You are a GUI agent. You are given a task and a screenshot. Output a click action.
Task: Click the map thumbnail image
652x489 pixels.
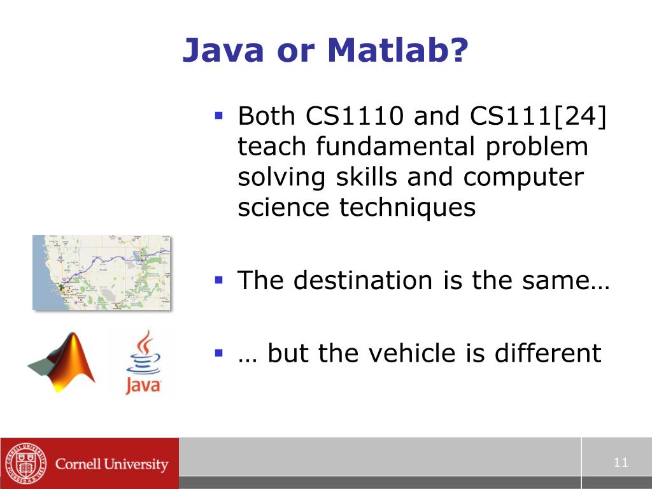102,272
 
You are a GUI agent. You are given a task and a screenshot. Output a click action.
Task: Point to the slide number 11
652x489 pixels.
621,463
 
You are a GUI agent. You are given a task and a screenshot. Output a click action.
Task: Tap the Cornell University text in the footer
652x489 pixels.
111,464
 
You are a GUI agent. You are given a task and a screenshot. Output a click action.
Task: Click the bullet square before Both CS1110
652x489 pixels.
219,117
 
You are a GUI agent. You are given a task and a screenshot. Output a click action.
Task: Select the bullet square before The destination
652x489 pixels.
219,280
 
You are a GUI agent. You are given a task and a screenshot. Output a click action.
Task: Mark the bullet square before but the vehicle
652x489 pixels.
219,352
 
